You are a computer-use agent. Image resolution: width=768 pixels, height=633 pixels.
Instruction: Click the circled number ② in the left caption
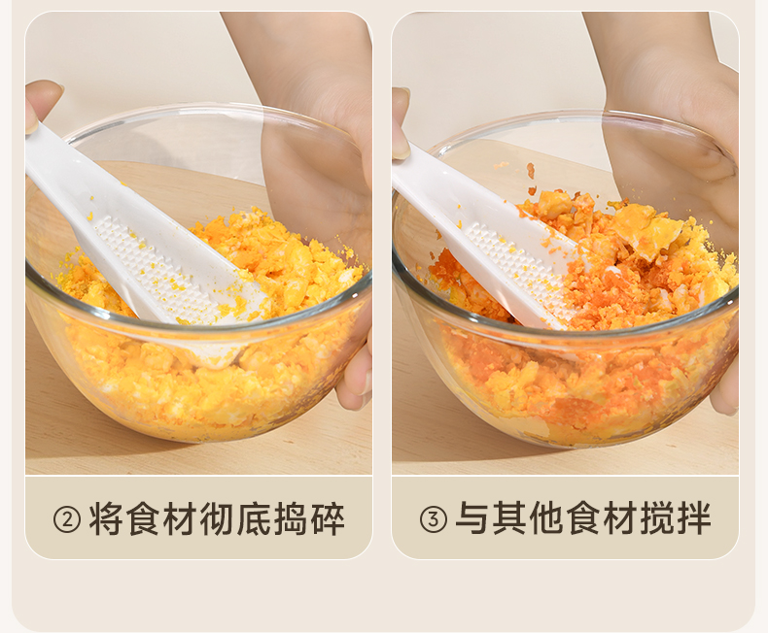pos(67,519)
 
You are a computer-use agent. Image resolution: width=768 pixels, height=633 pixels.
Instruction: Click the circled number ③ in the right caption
pos(434,519)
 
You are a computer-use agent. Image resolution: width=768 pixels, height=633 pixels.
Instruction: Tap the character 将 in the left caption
pos(105,518)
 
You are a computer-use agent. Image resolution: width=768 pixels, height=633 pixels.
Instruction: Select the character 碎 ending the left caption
pos(328,518)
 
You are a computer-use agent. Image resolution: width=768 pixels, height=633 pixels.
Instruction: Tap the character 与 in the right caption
pos(472,518)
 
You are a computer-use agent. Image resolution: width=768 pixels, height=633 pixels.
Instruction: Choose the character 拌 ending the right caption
pos(694,518)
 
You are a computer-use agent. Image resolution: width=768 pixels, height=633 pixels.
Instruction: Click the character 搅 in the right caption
pos(657,518)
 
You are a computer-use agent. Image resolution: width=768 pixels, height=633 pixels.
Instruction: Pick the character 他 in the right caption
pos(546,518)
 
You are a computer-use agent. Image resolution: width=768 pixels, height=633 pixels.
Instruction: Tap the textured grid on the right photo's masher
pos(519,269)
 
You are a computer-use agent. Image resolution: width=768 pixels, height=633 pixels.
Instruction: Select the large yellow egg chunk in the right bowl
pos(647,230)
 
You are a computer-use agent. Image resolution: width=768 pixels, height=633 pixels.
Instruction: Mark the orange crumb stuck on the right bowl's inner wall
pos(531,171)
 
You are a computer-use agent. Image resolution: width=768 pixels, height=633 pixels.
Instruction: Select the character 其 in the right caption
pos(509,518)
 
